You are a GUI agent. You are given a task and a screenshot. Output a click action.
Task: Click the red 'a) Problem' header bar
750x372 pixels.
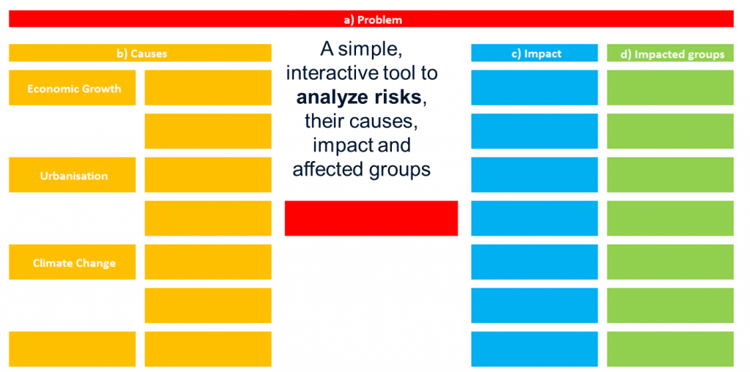pyautogui.click(x=371, y=18)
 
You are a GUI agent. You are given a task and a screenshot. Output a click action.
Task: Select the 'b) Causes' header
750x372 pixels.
pyautogui.click(x=140, y=53)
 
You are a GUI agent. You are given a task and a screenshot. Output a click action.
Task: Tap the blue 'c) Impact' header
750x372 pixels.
pyautogui.click(x=534, y=53)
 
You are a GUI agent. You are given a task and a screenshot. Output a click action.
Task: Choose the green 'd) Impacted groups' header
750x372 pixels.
pyautogui.click(x=670, y=53)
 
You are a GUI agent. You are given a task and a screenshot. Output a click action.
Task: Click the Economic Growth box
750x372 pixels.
pyautogui.click(x=73, y=87)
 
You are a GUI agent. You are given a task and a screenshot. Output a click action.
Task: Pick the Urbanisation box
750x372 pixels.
pyautogui.click(x=73, y=175)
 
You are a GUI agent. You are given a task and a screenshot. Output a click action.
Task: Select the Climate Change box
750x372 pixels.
pyautogui.click(x=73, y=262)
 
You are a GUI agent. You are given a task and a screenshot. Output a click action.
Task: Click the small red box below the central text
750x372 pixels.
pyautogui.click(x=371, y=218)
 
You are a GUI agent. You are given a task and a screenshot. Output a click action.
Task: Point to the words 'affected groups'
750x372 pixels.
pyautogui.click(x=362, y=170)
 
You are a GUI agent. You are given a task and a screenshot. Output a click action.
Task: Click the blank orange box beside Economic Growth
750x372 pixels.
pyautogui.click(x=208, y=87)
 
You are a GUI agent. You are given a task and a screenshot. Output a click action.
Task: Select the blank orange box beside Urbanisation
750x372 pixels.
pyautogui.click(x=208, y=175)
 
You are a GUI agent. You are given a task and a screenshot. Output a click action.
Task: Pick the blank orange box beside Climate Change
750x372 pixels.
pyautogui.click(x=208, y=262)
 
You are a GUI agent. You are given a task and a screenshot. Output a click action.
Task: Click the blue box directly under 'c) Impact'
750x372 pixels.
pyautogui.click(x=534, y=87)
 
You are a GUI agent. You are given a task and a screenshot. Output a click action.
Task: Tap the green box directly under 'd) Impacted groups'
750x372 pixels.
pyautogui.click(x=670, y=87)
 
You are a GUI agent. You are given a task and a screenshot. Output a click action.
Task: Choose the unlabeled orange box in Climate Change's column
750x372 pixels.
pyautogui.click(x=73, y=349)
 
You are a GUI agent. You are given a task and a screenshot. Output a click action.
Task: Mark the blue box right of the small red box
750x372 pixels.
pyautogui.click(x=534, y=218)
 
